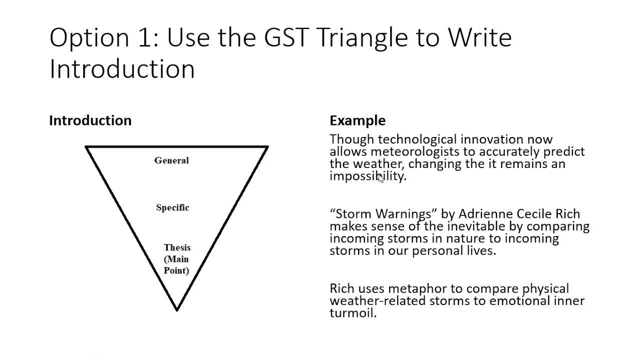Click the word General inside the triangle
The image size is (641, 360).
pyautogui.click(x=171, y=160)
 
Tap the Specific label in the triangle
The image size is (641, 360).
pyautogui.click(x=173, y=207)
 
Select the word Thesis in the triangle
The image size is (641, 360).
pyautogui.click(x=177, y=247)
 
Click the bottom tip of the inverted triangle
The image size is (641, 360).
pyautogui.click(x=177, y=310)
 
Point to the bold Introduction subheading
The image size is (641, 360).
pyautogui.click(x=91, y=120)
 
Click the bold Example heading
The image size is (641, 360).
pyautogui.click(x=358, y=121)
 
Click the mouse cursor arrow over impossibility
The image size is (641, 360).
pyautogui.click(x=381, y=178)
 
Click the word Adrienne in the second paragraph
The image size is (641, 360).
pyautogui.click(x=486, y=214)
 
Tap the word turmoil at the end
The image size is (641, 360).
pyautogui.click(x=353, y=313)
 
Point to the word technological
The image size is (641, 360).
pyautogui.click(x=417, y=139)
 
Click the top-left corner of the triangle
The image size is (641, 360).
pyautogui.click(x=86, y=147)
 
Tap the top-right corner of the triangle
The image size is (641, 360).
pyautogui.click(x=268, y=147)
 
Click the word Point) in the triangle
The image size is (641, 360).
pyautogui.click(x=176, y=270)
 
